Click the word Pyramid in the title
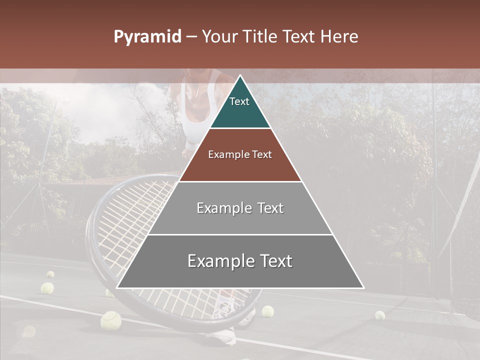[147, 37]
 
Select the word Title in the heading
[260, 37]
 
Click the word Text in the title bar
[298, 37]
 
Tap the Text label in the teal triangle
[239, 101]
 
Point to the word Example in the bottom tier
[218, 261]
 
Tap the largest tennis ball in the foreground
[110, 320]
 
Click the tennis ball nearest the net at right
[380, 315]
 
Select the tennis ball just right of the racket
[268, 311]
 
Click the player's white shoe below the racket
[222, 336]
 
